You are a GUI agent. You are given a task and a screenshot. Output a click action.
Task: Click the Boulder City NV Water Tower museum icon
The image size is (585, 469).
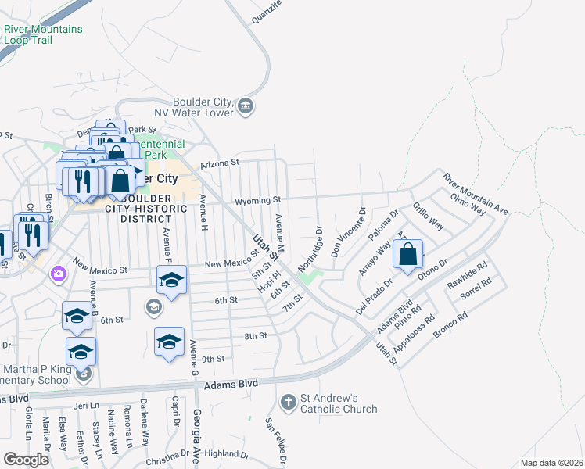click(246, 106)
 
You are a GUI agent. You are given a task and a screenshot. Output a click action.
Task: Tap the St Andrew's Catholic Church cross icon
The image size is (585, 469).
click(289, 403)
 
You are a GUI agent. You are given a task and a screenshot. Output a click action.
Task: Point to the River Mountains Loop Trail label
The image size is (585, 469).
click(43, 34)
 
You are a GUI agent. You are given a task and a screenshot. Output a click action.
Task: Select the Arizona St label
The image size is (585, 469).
click(218, 163)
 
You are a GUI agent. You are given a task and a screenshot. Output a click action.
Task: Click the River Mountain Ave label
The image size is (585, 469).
click(476, 194)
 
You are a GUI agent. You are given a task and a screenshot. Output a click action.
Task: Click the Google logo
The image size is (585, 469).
click(27, 460)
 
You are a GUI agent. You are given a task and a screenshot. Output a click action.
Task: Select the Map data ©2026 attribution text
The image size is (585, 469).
click(551, 463)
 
